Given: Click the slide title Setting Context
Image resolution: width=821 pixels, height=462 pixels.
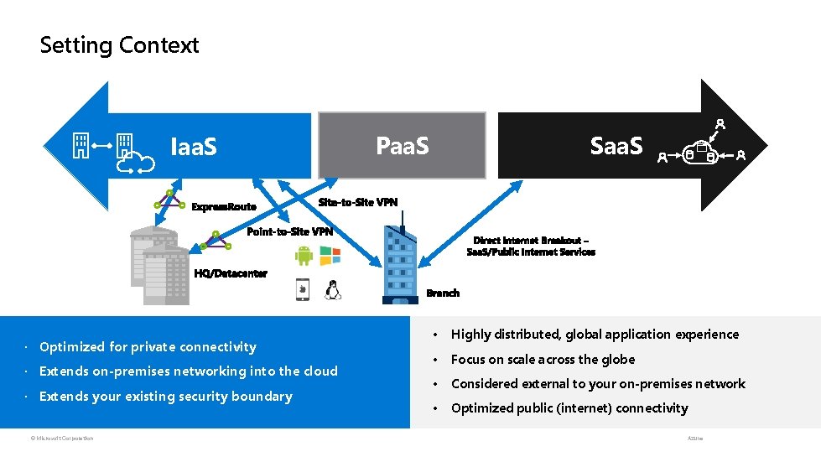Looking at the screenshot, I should tap(119, 45).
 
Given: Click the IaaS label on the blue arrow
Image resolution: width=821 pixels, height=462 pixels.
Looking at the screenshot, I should tap(194, 148).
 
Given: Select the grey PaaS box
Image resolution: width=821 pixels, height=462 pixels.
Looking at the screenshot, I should tap(402, 147).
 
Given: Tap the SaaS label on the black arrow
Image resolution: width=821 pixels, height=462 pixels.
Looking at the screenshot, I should tap(616, 146).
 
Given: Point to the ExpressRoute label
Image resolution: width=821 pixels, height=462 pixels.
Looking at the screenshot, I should tap(224, 206).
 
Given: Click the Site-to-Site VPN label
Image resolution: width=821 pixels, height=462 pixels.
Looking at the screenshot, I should tap(358, 202).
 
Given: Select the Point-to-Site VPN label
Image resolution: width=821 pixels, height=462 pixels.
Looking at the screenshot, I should tap(289, 231).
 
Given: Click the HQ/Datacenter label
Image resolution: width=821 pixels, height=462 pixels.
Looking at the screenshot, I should tap(231, 273).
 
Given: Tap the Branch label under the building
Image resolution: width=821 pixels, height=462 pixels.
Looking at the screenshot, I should tap(443, 293).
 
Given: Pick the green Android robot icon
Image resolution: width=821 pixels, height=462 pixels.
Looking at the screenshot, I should tap(304, 256).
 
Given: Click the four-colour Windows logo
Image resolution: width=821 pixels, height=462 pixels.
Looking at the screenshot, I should tap(330, 256).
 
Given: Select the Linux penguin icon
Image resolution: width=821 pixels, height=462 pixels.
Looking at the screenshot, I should tap(333, 290).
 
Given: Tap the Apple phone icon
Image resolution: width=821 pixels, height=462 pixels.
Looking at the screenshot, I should tap(302, 290).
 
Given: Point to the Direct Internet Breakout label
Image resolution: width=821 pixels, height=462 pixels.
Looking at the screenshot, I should tap(531, 246).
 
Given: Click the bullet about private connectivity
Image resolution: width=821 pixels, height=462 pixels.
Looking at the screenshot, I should tap(148, 347).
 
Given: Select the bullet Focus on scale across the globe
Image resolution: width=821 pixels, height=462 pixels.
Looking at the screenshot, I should tap(543, 360).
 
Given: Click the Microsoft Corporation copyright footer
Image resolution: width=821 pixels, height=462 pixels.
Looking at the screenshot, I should tap(59, 438).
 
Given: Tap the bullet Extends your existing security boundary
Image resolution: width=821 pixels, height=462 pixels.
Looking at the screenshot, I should tap(165, 397).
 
